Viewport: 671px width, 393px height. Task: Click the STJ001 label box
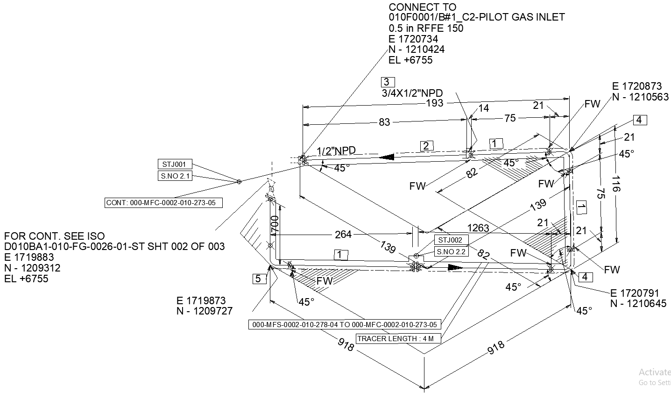[174, 164]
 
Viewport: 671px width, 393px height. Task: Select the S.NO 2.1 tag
[174, 176]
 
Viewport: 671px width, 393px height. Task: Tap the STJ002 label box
[451, 240]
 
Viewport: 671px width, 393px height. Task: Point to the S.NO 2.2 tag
[451, 252]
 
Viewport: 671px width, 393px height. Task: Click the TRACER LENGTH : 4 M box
[398, 339]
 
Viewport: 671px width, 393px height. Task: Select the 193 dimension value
[434, 103]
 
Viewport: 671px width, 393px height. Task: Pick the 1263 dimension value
[478, 228]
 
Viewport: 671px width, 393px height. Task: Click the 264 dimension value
[343, 234]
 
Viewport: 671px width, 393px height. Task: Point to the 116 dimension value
[615, 183]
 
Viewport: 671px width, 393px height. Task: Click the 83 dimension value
[384, 122]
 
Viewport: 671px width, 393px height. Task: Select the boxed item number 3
[388, 82]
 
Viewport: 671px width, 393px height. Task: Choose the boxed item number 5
[258, 279]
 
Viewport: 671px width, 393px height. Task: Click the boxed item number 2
[426, 146]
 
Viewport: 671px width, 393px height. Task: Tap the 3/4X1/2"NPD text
[412, 93]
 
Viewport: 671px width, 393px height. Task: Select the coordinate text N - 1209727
[204, 311]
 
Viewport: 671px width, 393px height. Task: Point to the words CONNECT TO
[423, 7]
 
